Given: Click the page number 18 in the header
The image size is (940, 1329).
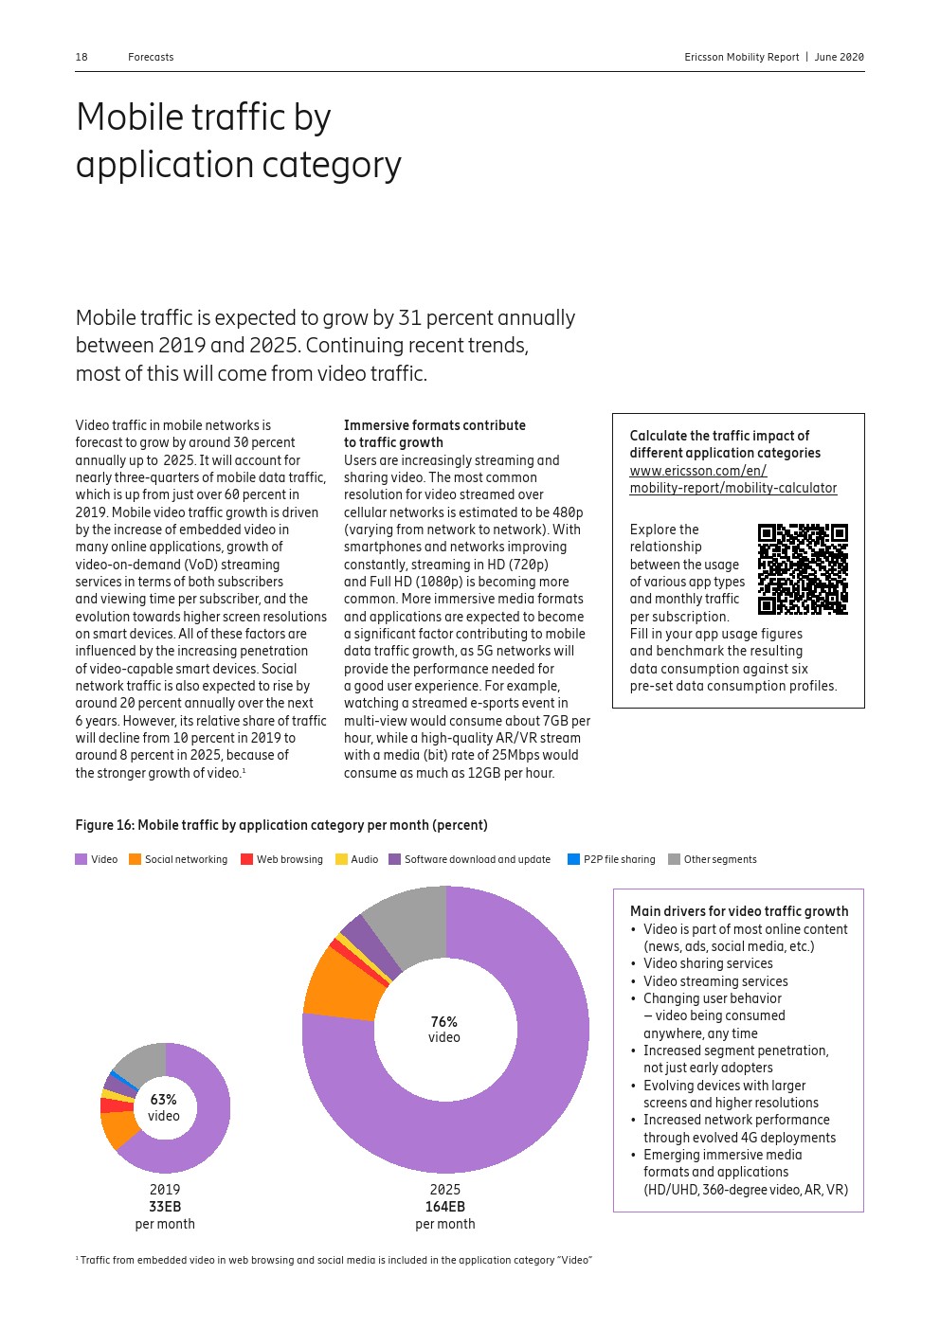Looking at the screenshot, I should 81,57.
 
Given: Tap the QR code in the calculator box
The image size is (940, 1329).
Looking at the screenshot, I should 803,568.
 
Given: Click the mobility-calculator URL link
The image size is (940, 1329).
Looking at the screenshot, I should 732,479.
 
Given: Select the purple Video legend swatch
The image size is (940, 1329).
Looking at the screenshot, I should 81,859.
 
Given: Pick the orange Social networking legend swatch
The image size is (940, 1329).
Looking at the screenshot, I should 136,859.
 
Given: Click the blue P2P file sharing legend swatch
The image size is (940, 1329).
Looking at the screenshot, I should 573,859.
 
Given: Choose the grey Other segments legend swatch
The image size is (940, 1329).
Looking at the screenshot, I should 674,859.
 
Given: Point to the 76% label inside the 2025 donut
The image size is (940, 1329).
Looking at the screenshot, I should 443,1022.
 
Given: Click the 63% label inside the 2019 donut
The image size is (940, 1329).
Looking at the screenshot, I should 163,1100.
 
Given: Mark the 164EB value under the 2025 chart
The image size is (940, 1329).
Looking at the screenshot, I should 444,1207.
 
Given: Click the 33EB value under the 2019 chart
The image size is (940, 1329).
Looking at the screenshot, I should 165,1207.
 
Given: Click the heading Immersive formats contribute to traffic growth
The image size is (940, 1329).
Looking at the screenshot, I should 434,434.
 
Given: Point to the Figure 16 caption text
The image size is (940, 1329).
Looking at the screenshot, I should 281,825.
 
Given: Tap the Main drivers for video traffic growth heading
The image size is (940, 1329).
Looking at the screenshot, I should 739,911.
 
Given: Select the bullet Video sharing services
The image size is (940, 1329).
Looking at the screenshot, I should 708,963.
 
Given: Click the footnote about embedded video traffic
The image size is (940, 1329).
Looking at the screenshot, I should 334,1260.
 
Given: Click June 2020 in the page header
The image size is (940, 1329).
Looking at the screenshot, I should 839,57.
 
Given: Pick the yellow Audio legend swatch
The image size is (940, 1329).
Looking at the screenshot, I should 341,859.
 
